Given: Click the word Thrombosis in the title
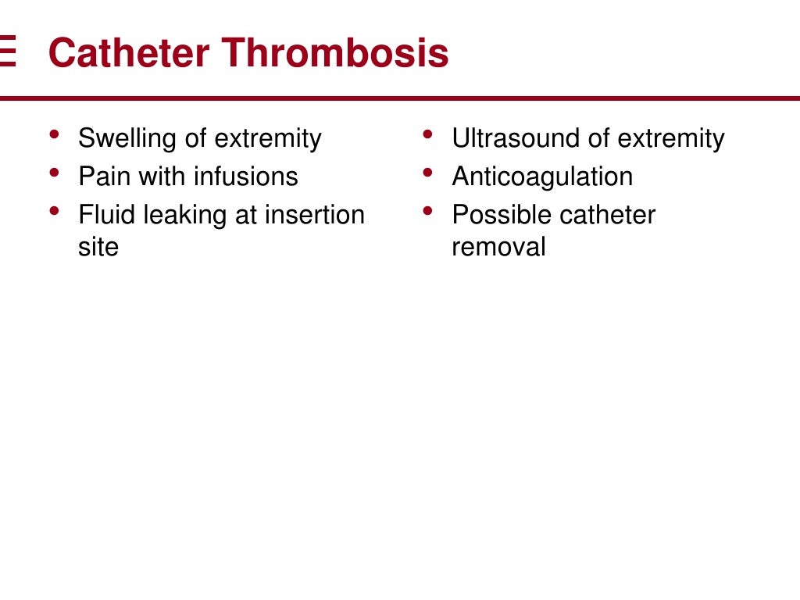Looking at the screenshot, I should tap(335, 53).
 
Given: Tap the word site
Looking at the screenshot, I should tap(98, 248).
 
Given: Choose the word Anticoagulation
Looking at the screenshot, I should tap(542, 177).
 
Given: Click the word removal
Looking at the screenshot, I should tap(498, 248).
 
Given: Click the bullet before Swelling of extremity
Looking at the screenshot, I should tap(53, 135).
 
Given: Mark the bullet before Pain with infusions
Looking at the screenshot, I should tap(53, 173).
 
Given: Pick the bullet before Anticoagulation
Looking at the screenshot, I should tap(427, 173).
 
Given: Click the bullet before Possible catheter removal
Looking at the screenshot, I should tap(427, 211).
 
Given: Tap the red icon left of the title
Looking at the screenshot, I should tap(7, 52).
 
